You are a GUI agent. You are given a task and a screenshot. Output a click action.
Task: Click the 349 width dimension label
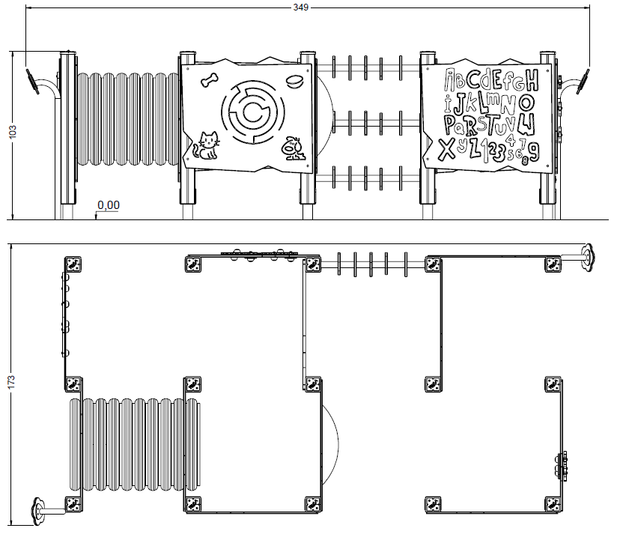(x=301, y=7)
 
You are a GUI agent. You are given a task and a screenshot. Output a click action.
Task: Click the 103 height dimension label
(x=13, y=131)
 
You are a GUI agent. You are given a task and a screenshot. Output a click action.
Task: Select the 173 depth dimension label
(x=11, y=382)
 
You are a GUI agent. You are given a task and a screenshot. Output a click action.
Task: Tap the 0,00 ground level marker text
(x=109, y=205)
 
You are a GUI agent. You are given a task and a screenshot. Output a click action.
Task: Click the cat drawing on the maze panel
(x=206, y=146)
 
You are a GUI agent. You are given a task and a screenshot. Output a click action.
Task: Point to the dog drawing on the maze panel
(x=294, y=148)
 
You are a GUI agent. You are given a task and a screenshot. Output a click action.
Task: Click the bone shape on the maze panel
(x=210, y=79)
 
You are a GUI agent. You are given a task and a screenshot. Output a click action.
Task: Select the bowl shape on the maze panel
(x=294, y=81)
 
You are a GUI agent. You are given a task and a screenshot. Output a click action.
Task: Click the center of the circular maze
(x=252, y=113)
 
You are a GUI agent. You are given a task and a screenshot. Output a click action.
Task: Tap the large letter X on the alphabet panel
(x=447, y=150)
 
